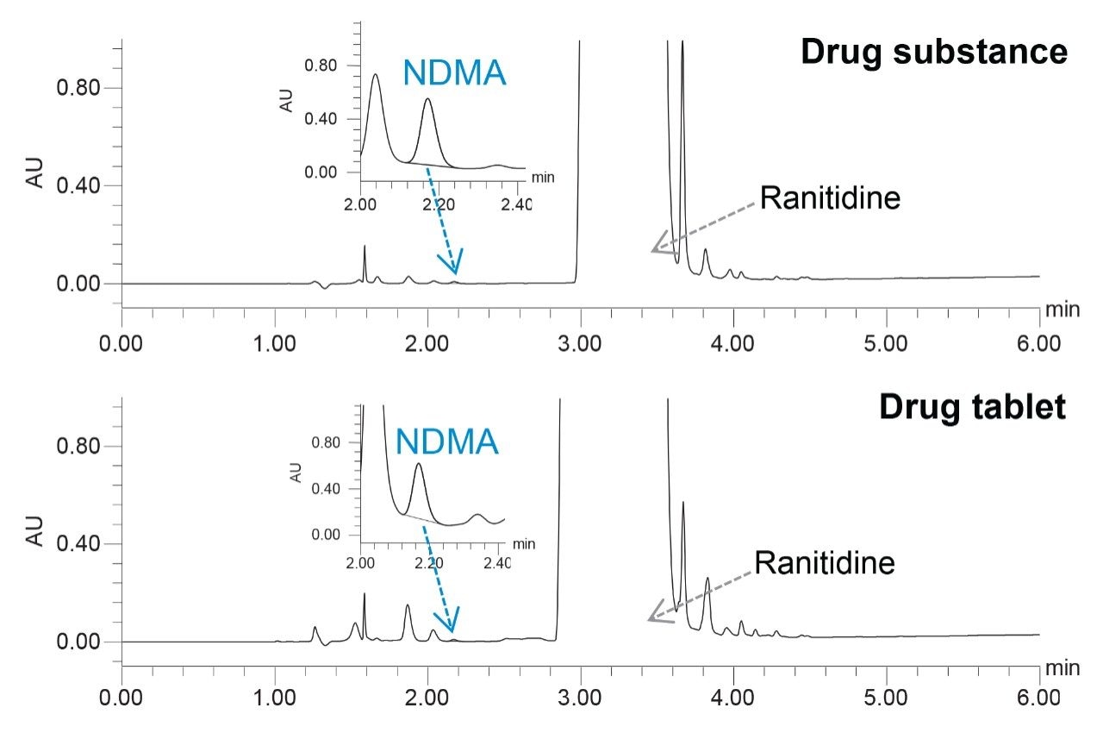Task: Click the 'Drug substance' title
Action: tap(933, 53)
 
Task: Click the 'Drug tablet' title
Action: tap(972, 407)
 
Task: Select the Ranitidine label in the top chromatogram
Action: tap(830, 198)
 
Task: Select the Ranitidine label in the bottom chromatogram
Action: tap(825, 564)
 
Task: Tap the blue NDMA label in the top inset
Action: tap(454, 74)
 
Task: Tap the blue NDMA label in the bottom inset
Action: tap(447, 442)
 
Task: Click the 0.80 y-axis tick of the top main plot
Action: tap(81, 88)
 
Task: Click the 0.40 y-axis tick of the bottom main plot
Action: tap(81, 544)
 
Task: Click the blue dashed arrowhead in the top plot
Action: tap(454, 262)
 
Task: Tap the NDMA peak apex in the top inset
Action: tap(428, 99)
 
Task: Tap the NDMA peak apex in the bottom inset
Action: tap(419, 465)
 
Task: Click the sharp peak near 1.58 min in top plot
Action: tap(365, 247)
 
